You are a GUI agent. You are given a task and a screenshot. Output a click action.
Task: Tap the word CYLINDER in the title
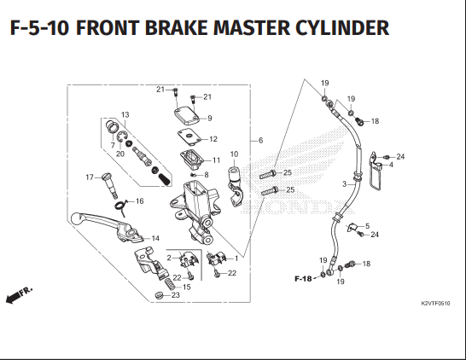tap(341, 28)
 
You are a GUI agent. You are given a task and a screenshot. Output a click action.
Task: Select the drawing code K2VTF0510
tap(435, 304)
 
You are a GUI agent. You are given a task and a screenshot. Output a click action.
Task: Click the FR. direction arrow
tap(18, 295)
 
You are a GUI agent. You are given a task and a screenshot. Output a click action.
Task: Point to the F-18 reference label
tap(303, 278)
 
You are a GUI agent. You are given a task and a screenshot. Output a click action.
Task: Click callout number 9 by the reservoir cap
tap(210, 118)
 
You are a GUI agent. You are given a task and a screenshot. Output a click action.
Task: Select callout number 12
tap(213, 139)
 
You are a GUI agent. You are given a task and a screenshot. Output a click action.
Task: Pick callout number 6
tap(260, 140)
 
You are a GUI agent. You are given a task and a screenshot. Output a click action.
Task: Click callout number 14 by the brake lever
tap(155, 238)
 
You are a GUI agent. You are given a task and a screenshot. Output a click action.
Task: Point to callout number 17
tap(88, 177)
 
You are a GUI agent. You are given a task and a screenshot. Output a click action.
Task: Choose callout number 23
tap(176, 295)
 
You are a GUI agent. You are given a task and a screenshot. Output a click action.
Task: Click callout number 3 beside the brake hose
tap(343, 183)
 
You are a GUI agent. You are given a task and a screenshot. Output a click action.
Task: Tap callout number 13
tap(124, 115)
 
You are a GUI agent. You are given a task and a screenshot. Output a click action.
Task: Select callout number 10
tap(235, 154)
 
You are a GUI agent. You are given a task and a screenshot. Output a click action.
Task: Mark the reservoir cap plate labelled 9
tap(187, 117)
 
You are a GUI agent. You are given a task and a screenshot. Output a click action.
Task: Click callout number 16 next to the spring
tap(140, 201)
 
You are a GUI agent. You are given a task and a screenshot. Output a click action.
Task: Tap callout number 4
tap(391, 165)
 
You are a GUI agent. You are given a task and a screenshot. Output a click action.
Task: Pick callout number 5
tap(367, 226)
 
